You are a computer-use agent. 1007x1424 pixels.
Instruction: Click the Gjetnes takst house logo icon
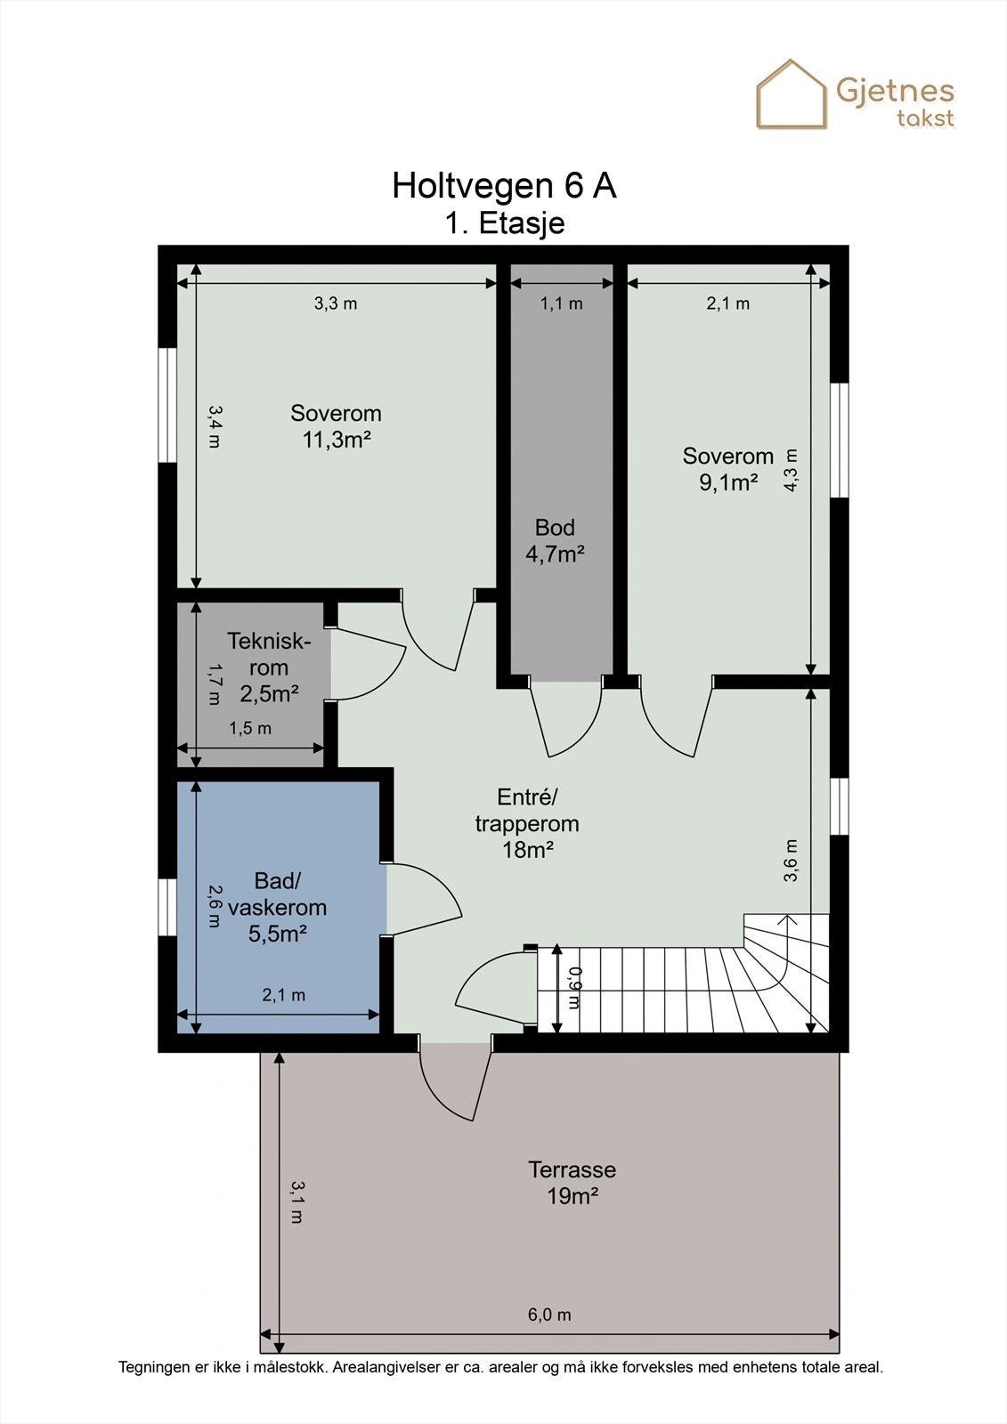791,94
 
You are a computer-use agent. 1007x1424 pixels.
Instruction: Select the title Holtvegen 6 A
504,186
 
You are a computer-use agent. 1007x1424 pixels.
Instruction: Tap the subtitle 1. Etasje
505,223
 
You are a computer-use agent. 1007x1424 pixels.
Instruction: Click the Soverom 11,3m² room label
336,426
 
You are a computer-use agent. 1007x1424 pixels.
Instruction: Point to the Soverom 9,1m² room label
727,469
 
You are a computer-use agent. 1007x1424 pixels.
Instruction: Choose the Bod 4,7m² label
555,540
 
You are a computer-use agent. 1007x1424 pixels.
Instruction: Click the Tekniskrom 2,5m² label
269,667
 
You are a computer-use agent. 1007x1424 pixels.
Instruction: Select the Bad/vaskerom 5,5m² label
278,907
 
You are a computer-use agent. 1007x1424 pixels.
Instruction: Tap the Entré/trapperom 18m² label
527,823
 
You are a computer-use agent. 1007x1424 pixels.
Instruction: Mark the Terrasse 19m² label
572,1183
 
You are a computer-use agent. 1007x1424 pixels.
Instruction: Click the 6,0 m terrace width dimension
549,1314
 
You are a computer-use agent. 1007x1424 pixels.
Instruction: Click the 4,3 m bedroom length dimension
790,470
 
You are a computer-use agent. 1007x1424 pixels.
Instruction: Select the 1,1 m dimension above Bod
562,303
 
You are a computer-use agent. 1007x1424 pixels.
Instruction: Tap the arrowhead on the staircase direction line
788,918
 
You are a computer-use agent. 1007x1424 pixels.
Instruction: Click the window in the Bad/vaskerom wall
167,907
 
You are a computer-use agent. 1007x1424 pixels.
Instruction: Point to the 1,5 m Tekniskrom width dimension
250,728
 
